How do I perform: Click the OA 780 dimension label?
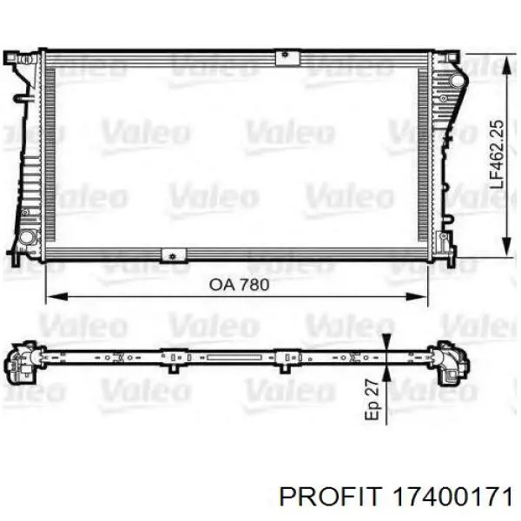coord(240,285)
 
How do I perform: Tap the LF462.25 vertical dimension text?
coord(497,155)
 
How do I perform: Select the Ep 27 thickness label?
coord(372,399)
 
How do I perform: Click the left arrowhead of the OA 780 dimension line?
coord(57,297)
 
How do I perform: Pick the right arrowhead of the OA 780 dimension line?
coord(417,297)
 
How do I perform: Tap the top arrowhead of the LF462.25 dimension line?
coord(506,64)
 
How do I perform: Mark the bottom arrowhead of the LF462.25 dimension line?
coord(506,246)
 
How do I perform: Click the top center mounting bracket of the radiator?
coord(287,57)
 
